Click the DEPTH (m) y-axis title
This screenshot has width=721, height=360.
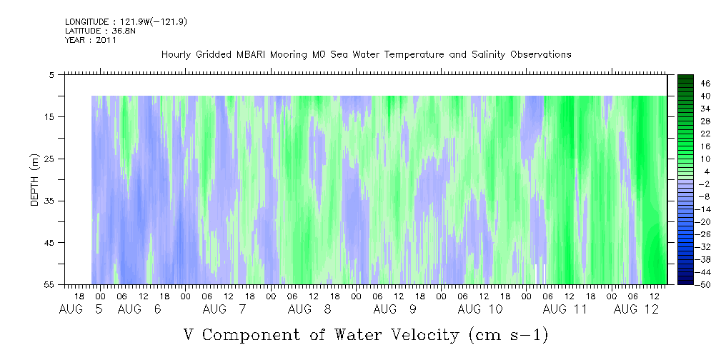(x=35, y=180)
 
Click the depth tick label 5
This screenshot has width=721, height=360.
(x=51, y=75)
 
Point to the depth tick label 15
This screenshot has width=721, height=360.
(x=49, y=116)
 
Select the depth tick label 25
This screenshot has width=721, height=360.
(x=49, y=159)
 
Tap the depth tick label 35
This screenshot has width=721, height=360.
(x=49, y=201)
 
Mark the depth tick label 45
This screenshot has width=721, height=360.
(x=49, y=243)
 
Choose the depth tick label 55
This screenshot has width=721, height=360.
(x=49, y=284)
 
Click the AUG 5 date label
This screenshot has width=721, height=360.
(x=81, y=309)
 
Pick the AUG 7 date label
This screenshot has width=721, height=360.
(x=224, y=309)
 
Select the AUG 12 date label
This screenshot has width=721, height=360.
(x=637, y=309)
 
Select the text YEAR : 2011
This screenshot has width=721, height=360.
(x=91, y=40)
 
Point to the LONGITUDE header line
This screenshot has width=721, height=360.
(x=126, y=22)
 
